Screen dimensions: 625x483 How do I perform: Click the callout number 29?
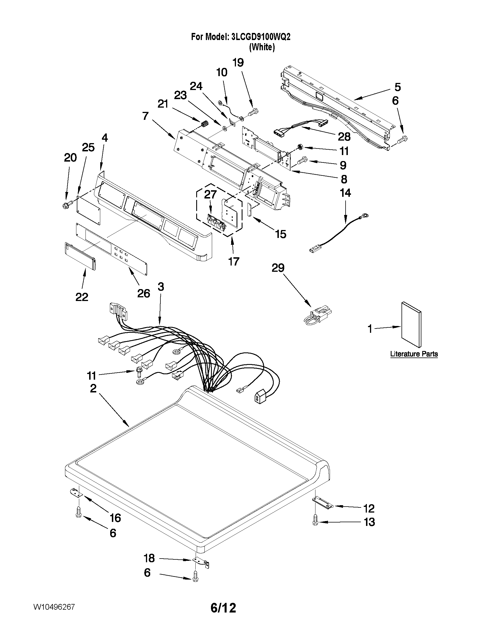(278, 268)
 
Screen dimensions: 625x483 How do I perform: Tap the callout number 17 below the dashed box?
(233, 261)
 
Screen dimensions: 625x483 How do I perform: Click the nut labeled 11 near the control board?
(300, 147)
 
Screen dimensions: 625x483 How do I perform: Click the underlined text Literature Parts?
(414, 354)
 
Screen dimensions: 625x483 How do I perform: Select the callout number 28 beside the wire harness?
(344, 137)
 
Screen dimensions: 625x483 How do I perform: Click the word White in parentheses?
(262, 47)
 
